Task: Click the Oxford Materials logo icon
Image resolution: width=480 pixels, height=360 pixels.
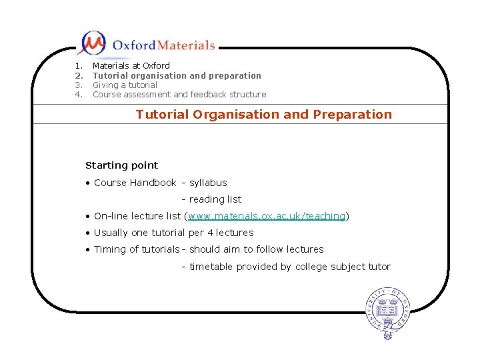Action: tap(92, 43)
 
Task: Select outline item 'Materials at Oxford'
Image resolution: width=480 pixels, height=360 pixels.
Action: tap(131, 65)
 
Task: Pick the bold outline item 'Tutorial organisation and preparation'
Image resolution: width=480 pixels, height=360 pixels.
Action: tap(177, 75)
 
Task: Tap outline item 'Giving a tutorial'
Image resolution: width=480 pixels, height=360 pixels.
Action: tap(125, 85)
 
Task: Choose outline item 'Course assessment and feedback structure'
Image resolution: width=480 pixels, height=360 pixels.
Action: tap(179, 94)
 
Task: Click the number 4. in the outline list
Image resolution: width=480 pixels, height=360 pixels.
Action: tap(78, 94)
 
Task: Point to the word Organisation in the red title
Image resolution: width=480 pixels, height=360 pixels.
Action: tap(236, 114)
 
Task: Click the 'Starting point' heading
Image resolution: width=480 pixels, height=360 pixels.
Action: tap(122, 165)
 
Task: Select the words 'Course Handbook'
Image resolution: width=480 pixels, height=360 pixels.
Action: tap(135, 183)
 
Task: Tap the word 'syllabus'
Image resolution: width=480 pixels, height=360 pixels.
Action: tap(208, 183)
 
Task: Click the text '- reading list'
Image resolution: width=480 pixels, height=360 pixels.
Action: tap(211, 199)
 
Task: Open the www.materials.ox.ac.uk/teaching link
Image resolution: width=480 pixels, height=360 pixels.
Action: tap(267, 216)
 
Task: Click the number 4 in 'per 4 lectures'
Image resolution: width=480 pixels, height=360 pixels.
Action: tap(210, 233)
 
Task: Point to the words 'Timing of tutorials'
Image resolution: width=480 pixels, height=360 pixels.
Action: tap(136, 249)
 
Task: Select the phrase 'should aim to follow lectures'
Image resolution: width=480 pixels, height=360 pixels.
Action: tap(256, 249)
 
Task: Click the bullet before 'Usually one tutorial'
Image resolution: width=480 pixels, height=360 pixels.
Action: tap(88, 233)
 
